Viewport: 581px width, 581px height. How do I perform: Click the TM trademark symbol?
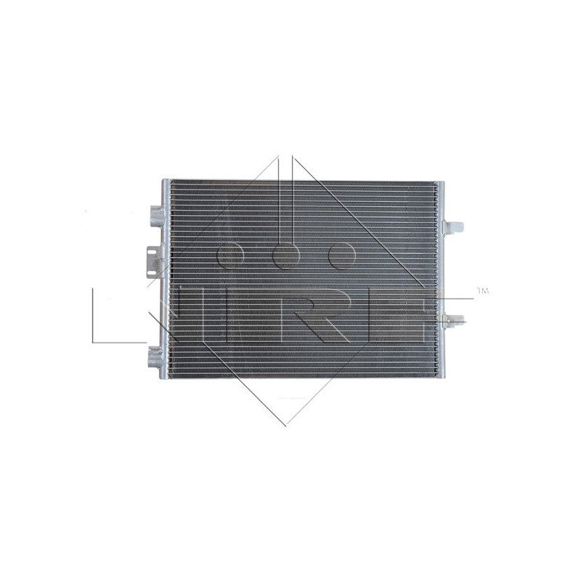coord(482,291)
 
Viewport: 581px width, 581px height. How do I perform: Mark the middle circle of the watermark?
coord(285,255)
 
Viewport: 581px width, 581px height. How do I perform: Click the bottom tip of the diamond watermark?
coord(285,426)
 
